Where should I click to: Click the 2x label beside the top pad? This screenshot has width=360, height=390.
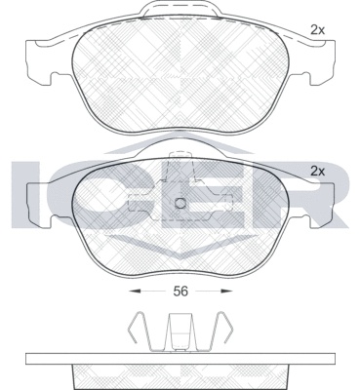pyautogui.click(x=317, y=30)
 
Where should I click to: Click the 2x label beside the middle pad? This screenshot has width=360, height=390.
pyautogui.click(x=317, y=172)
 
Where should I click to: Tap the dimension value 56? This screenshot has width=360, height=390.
pyautogui.click(x=180, y=292)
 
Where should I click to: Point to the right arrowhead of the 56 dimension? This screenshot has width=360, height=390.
pyautogui.click(x=226, y=292)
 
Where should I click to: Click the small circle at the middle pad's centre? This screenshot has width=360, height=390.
pyautogui.click(x=180, y=204)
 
